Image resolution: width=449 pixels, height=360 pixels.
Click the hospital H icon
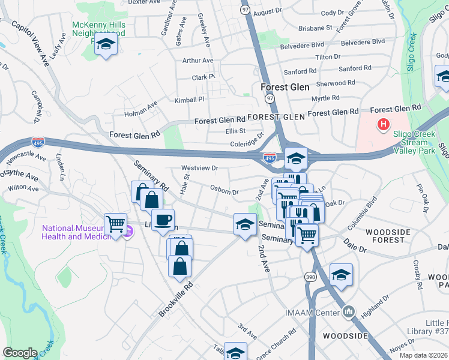pyautogui.click(x=382, y=124)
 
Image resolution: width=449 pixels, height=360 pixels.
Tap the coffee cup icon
pyautogui.click(x=162, y=220)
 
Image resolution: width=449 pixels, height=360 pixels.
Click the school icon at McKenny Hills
pyautogui.click(x=106, y=44)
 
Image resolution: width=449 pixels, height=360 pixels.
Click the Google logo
pyautogui.click(x=20, y=353)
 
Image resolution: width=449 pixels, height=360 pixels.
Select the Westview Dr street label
pyautogui.click(x=199, y=168)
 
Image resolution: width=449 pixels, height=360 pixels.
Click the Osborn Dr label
pyautogui.click(x=224, y=189)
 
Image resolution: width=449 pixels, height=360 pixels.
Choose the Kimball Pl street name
pyautogui.click(x=190, y=99)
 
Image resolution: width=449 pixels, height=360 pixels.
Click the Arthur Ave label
pyautogui.click(x=197, y=61)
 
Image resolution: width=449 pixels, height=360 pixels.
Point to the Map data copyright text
pyautogui.click(x=423, y=355)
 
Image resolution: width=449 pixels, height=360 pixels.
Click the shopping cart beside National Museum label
pyautogui.click(x=115, y=224)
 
